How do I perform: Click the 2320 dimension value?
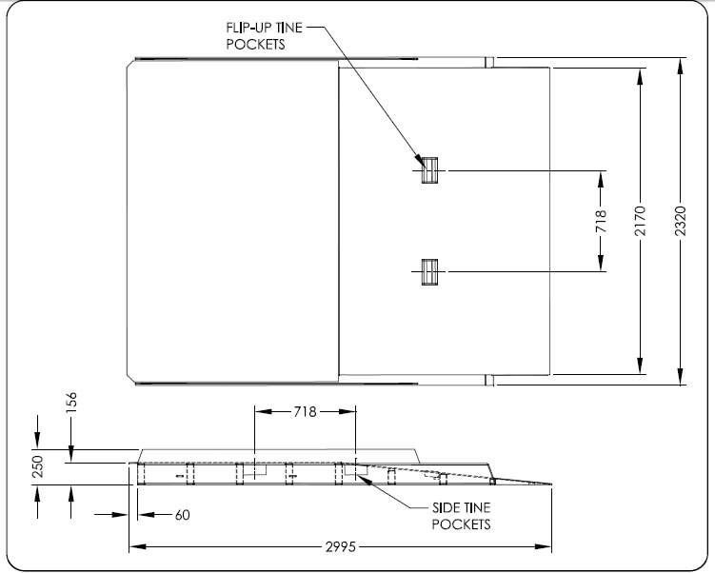click(x=680, y=222)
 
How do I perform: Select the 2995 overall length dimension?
click(x=340, y=547)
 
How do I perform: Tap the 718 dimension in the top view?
click(x=601, y=221)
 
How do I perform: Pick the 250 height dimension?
click(x=39, y=465)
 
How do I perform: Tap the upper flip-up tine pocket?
click(x=431, y=170)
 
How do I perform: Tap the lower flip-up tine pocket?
click(x=431, y=271)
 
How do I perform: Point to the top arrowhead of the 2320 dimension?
click(x=680, y=64)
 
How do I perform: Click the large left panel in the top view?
click(x=233, y=221)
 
